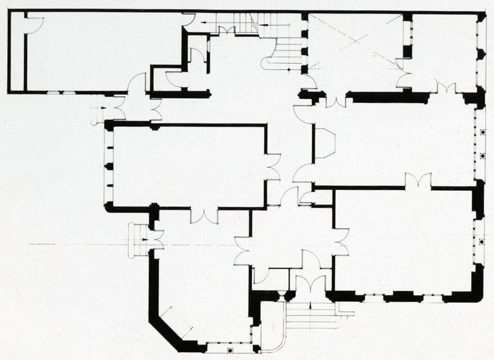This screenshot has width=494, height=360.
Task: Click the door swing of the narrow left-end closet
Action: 33,25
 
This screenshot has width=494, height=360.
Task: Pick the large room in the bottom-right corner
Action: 404,241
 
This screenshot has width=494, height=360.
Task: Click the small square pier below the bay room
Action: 230,351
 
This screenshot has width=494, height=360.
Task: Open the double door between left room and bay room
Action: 204,216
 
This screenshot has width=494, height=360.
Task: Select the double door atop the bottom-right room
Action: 418,182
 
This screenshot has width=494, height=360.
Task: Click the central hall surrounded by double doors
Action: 290,238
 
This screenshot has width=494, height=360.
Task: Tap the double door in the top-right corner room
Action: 446,88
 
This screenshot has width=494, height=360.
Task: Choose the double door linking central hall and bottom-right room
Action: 340,241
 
